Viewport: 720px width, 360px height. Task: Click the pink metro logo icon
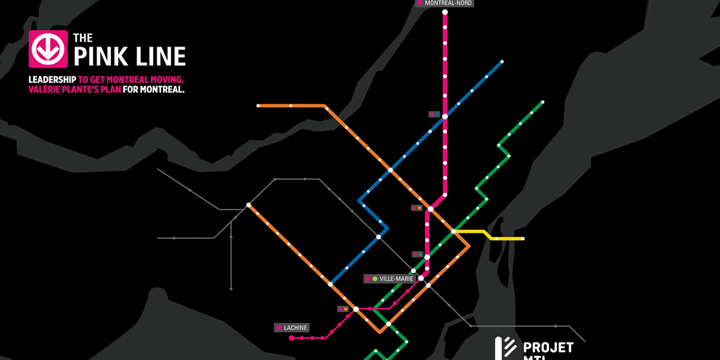47,49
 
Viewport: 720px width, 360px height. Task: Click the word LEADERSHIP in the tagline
52,80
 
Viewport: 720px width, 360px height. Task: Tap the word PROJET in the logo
548,347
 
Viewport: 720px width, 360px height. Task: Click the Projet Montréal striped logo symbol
505,349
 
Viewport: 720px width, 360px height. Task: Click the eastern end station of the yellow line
523,239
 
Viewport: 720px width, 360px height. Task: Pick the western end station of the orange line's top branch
259,106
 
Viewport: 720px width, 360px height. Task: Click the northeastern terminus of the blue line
501,62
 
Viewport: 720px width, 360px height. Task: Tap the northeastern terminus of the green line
542,102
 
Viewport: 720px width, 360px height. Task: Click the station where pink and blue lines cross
445,116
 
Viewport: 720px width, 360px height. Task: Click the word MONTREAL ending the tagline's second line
161,90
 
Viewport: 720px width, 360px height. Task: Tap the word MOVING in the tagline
165,80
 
